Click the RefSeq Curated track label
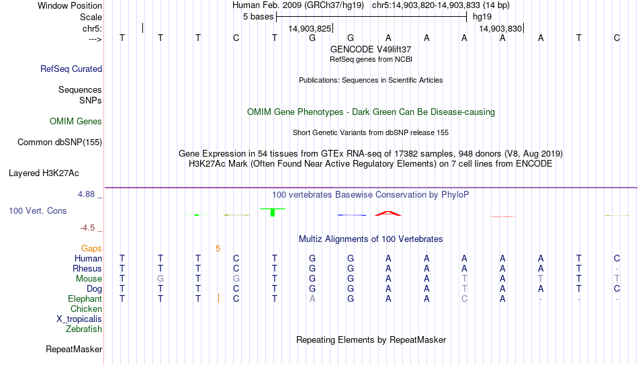71,69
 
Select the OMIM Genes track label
76,122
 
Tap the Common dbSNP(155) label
60,143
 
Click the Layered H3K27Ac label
44,173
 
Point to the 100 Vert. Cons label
38,210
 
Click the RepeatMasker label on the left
74,349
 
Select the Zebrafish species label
84,329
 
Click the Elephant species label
85,298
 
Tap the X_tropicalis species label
79,319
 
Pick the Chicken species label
86,309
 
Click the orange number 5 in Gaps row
218,249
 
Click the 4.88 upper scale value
86,194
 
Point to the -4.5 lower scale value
87,228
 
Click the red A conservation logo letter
388,214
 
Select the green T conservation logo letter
273,212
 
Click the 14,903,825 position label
310,28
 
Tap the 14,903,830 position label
500,28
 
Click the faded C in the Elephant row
464,298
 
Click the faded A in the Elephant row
312,298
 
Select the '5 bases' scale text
259,17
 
